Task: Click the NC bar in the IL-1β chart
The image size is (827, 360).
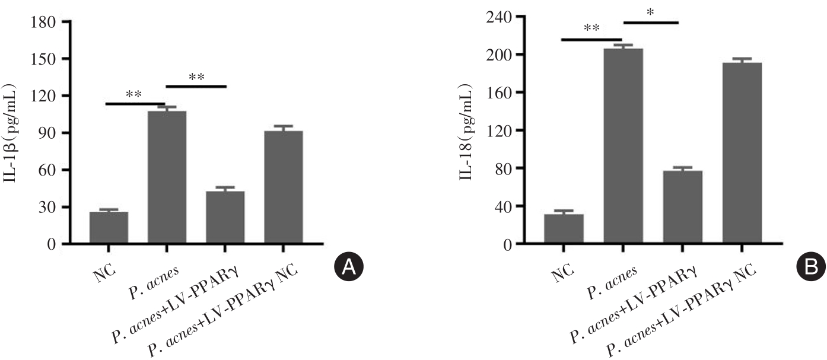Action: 109,228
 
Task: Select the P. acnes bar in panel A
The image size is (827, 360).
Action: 167,177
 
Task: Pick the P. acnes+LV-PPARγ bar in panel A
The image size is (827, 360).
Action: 225,217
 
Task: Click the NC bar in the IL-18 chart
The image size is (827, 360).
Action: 564,229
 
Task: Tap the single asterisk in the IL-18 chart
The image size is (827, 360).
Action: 650,12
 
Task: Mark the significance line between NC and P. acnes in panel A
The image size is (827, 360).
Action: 135,103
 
